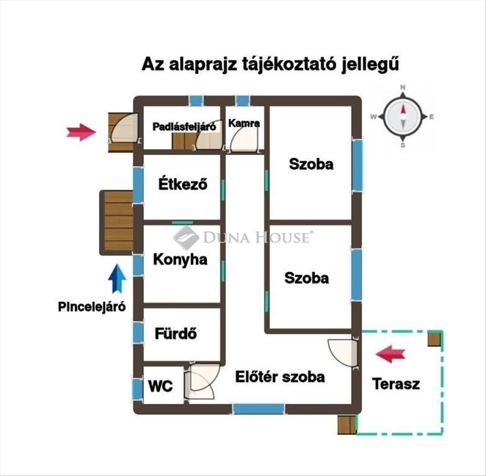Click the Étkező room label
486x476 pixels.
[183, 184]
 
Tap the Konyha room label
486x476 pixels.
[180, 259]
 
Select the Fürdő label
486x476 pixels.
[176, 334]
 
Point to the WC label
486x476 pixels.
[160, 386]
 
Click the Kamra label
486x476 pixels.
[244, 123]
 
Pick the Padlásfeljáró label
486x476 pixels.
[184, 127]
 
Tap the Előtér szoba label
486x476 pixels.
[280, 377]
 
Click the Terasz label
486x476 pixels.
[396, 384]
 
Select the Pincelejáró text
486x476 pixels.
[92, 307]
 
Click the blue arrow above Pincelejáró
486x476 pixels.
[117, 278]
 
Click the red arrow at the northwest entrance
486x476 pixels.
[80, 132]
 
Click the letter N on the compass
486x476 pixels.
[403, 88]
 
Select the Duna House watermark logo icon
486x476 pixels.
[186, 237]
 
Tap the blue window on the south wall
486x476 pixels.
[258, 408]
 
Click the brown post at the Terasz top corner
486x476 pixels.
[434, 338]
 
